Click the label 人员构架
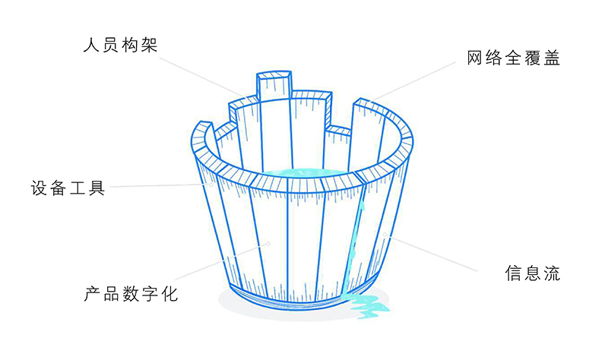tap(119, 45)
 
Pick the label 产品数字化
tap(131, 294)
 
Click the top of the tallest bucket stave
tap(274, 76)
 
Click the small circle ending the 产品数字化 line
tap(267, 244)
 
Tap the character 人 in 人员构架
tap(91, 45)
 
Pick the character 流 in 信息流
tap(552, 273)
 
